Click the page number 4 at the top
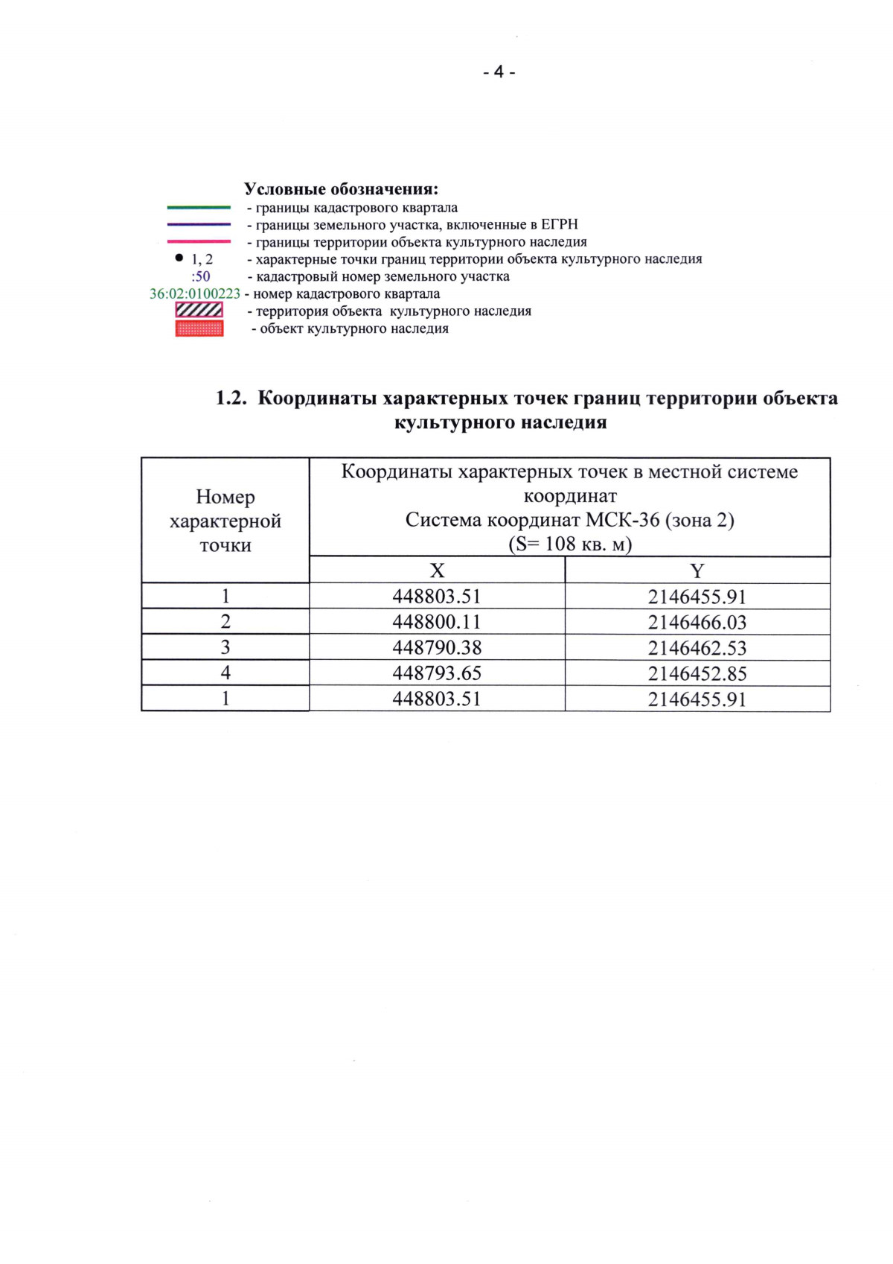click(x=499, y=72)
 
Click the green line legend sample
click(x=199, y=208)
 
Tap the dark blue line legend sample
click(x=199, y=224)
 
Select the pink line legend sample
click(x=199, y=241)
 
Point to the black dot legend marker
click(x=179, y=258)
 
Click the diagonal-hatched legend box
click(x=199, y=310)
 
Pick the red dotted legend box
click(x=199, y=328)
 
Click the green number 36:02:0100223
click(x=195, y=294)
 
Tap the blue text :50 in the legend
click(x=200, y=276)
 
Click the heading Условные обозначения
click(x=341, y=189)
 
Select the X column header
click(x=437, y=571)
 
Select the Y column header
click(x=697, y=571)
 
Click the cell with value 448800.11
click(x=437, y=622)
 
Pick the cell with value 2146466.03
click(x=697, y=622)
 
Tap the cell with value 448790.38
click(x=437, y=647)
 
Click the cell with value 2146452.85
click(x=697, y=673)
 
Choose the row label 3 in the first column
click(x=225, y=647)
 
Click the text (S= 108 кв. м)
click(x=569, y=544)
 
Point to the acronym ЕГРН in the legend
click(x=560, y=224)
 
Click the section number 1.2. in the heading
click(x=231, y=398)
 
